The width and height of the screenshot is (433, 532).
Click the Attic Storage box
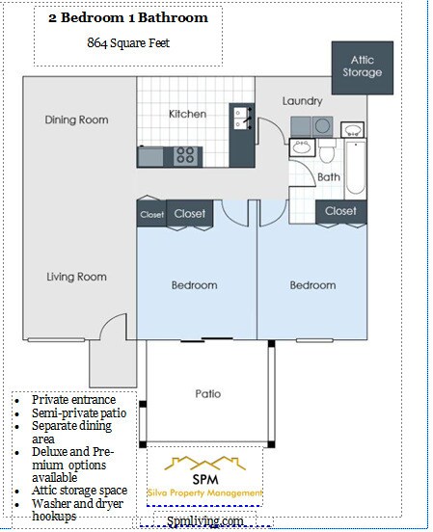pos(363,67)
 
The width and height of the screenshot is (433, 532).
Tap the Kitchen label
pos(187,114)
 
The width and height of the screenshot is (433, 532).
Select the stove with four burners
pos(185,156)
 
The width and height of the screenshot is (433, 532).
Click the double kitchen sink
pos(242,119)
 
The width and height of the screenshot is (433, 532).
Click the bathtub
pos(356,168)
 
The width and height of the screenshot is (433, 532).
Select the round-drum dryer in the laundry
pos(322,126)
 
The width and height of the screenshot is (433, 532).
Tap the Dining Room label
pos(77,120)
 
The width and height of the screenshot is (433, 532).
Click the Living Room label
pos(77,277)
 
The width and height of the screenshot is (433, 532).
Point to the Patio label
pos(208,393)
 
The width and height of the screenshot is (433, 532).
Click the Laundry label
pos(302,101)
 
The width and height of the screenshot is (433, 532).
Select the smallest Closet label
pos(151,214)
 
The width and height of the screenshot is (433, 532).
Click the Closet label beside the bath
pos(340,211)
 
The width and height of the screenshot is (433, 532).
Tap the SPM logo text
pos(205,479)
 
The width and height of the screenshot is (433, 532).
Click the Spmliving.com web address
pos(205,520)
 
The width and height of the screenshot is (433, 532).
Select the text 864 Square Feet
pos(128,42)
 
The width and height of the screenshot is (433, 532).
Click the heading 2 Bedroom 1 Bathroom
pos(128,17)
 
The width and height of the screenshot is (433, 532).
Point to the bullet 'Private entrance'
pos(73,399)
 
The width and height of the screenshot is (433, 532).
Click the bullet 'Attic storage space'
pos(79,491)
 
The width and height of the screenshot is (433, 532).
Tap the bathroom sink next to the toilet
pos(302,147)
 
